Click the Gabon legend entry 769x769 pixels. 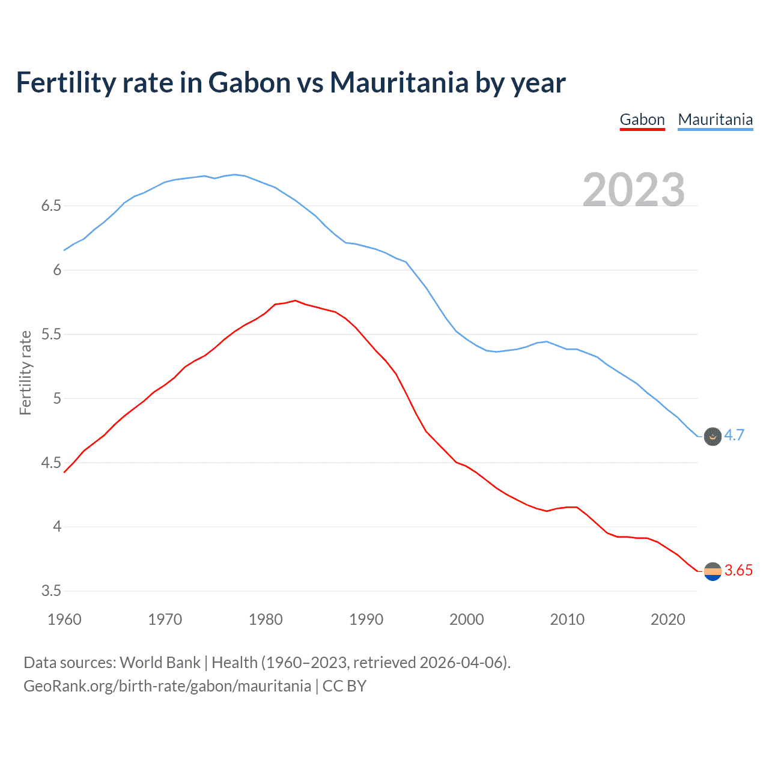642,120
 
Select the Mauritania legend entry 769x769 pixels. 715,120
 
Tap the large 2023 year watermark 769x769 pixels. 634,189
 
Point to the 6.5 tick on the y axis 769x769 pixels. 51,206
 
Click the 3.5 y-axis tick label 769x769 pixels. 51,591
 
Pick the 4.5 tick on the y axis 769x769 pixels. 51,463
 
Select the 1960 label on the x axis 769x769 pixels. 64,619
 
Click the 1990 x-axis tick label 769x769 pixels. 366,619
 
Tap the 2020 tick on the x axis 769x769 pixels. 667,619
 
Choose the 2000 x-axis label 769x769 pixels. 466,619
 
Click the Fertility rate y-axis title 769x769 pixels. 25,372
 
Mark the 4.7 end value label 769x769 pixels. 734,436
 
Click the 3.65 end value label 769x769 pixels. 738,571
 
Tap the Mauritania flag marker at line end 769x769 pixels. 713,437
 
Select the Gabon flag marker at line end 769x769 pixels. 713,571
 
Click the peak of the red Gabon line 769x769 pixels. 295,300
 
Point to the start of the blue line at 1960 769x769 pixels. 64,250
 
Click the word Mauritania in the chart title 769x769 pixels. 399,82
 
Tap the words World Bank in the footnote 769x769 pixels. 160,663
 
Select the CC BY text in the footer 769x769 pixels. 344,686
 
